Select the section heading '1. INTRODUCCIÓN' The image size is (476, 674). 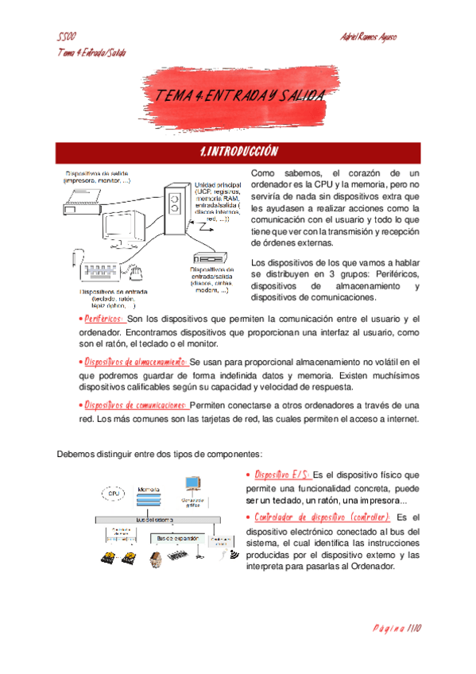[x=238, y=151]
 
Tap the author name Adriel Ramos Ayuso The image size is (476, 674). [x=368, y=37]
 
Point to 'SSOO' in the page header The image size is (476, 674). [x=67, y=37]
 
